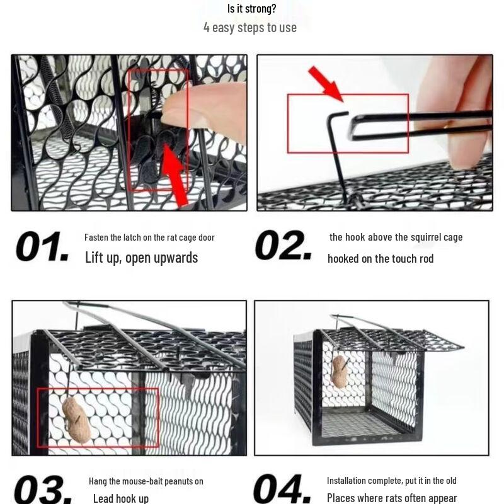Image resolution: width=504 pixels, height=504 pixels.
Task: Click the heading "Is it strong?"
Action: click(x=251, y=9)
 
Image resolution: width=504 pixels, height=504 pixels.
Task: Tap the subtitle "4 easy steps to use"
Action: click(x=250, y=27)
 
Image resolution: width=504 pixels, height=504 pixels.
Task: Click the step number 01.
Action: click(x=42, y=247)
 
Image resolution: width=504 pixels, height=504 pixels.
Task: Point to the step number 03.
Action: click(x=41, y=489)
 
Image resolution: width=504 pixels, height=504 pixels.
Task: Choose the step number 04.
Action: click(x=283, y=489)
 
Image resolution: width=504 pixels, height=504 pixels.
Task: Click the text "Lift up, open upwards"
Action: click(x=141, y=258)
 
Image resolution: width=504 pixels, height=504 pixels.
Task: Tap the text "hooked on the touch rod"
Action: click(x=381, y=258)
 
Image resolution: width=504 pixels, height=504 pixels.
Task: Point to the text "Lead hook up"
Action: click(x=120, y=498)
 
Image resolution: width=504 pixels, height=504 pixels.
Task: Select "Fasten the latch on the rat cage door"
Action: click(x=149, y=238)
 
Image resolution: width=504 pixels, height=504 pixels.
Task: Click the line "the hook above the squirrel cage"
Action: click(x=396, y=237)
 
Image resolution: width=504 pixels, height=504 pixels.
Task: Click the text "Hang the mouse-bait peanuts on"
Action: click(x=146, y=481)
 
